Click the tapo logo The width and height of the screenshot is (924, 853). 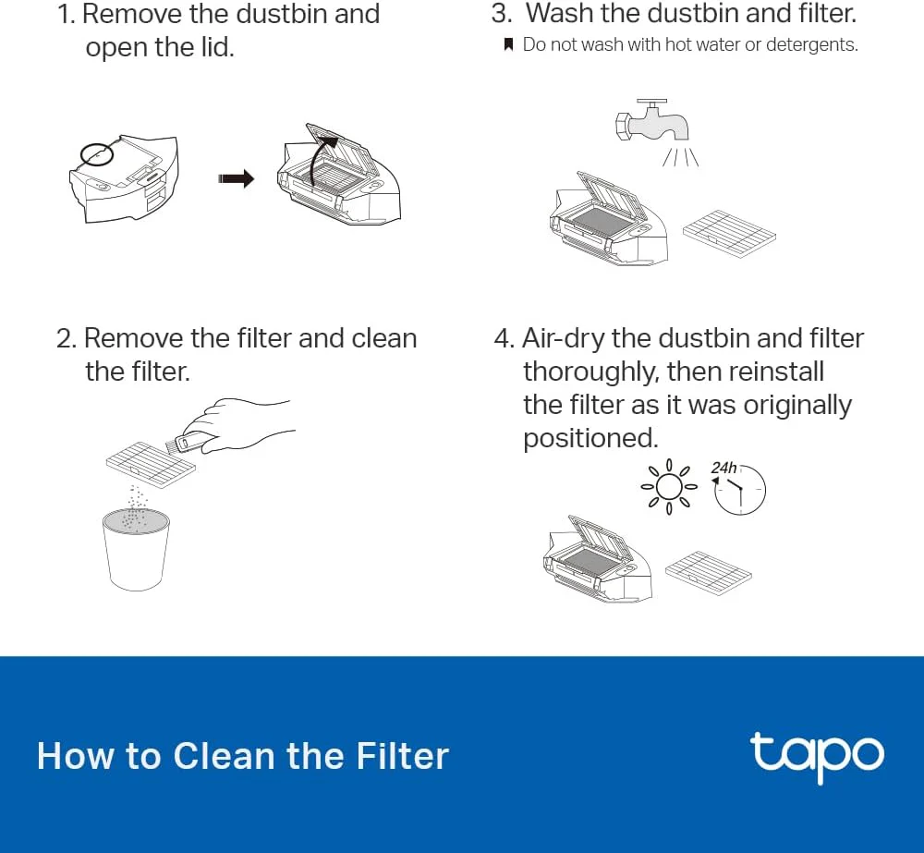(x=816, y=755)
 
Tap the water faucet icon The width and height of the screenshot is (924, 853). (x=653, y=121)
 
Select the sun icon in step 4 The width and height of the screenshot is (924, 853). (x=668, y=485)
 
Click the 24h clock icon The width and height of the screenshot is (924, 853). (x=739, y=489)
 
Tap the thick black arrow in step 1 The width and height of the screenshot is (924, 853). (x=236, y=179)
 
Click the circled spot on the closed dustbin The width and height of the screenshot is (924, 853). (x=95, y=152)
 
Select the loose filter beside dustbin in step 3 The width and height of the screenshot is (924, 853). (x=728, y=232)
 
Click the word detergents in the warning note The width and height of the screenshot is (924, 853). (x=813, y=44)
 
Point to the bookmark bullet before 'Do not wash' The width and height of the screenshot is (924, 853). (x=508, y=44)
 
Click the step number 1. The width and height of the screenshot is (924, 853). (x=65, y=15)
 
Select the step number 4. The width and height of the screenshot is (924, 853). (x=503, y=338)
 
